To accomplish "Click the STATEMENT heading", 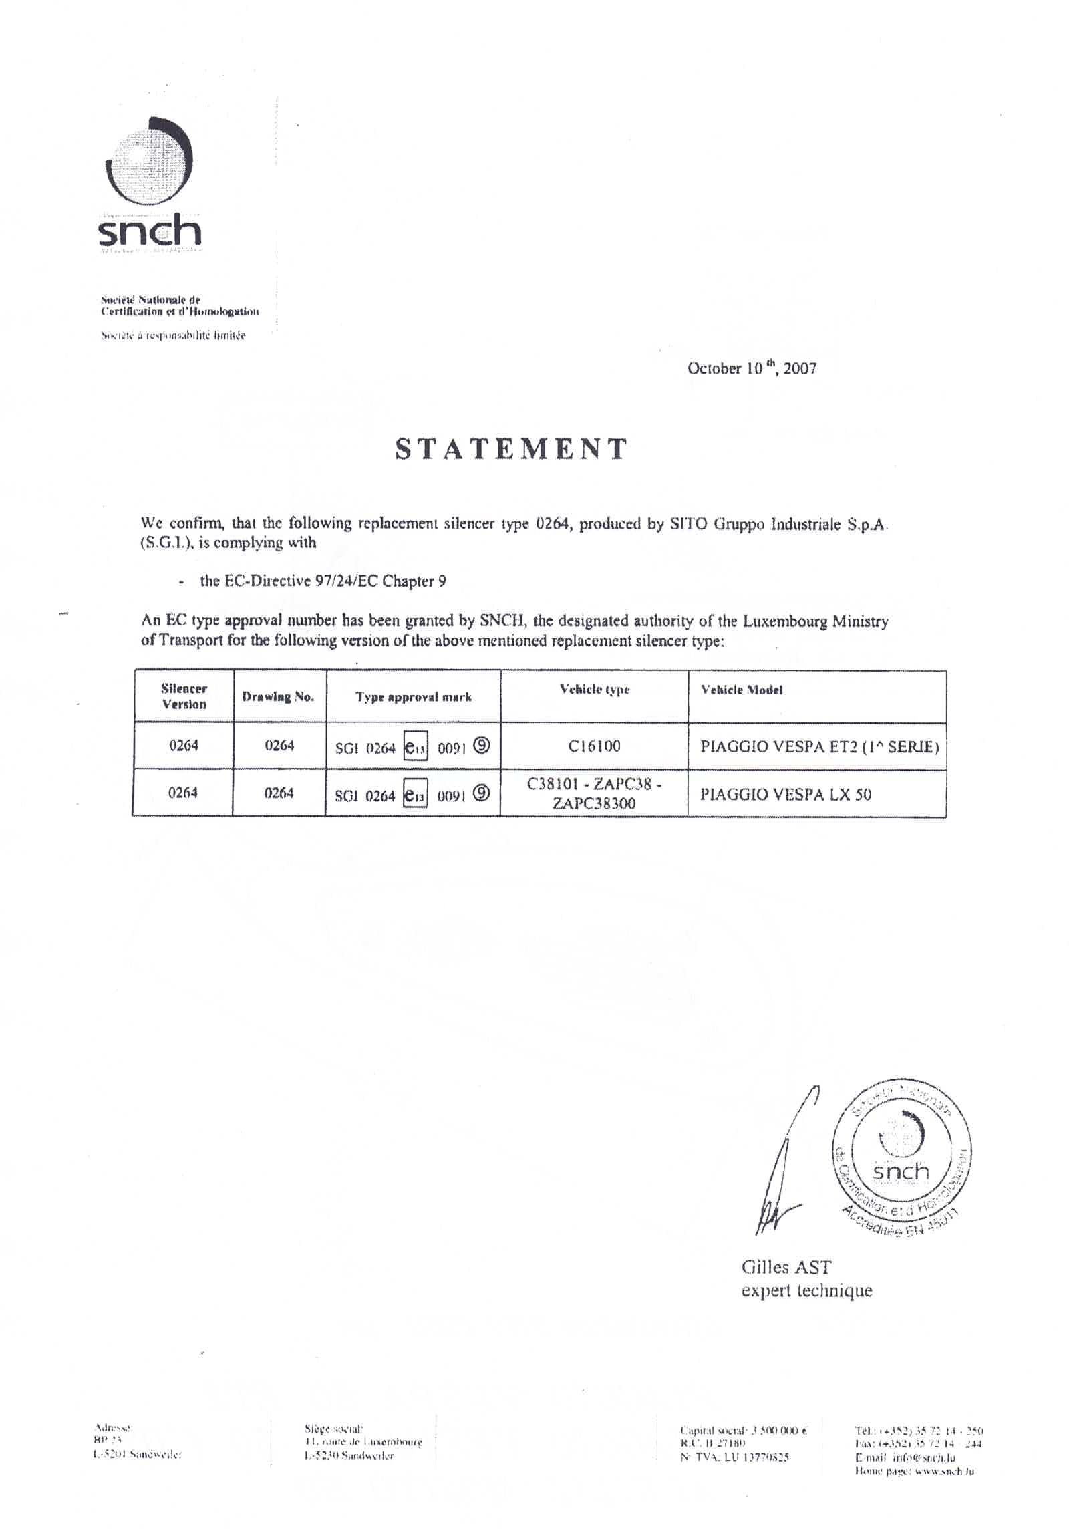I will pyautogui.click(x=511, y=449).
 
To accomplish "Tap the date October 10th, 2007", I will pyautogui.click(x=752, y=368).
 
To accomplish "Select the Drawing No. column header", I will pyautogui.click(x=278, y=697).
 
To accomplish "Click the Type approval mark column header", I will pyautogui.click(x=414, y=697).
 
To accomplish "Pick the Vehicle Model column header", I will pyautogui.click(x=742, y=690).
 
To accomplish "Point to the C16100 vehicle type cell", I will pyautogui.click(x=594, y=746).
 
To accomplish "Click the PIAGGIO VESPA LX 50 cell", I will pyautogui.click(x=786, y=795).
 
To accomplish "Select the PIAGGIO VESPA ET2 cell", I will pyautogui.click(x=819, y=746).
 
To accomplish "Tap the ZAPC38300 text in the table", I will pyautogui.click(x=594, y=803).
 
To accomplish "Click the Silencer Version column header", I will pyautogui.click(x=184, y=696).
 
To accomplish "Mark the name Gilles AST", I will pyautogui.click(x=786, y=1267).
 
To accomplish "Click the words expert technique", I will pyautogui.click(x=806, y=1290).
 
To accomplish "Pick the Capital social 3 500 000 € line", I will pyautogui.click(x=744, y=1431).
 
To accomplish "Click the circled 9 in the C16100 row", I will pyautogui.click(x=482, y=746).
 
